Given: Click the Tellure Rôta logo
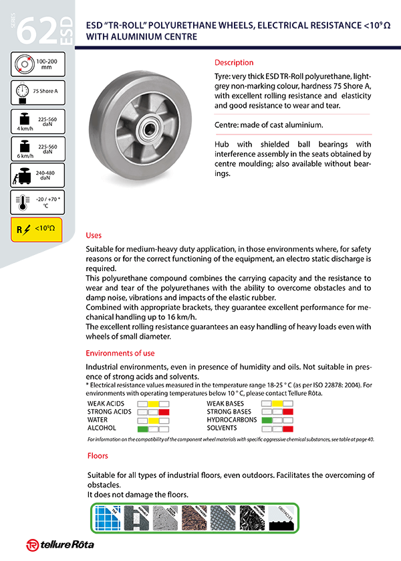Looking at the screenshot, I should (59, 544).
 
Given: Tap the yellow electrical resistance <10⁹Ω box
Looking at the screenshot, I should (37, 229).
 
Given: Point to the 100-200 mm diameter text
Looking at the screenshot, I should (47, 65).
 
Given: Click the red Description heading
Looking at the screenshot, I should (234, 62).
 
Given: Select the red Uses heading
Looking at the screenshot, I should (94, 236).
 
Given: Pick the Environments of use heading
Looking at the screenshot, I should (120, 353).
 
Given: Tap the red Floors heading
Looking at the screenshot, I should (98, 456).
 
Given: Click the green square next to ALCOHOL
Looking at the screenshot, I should (142, 428).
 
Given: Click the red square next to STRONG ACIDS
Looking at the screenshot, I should (164, 412).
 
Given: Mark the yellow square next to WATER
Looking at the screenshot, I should (153, 420).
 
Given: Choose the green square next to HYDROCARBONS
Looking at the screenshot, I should (267, 420).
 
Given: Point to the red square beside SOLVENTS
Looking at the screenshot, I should (289, 428).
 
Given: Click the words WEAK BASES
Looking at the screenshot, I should (225, 404).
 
